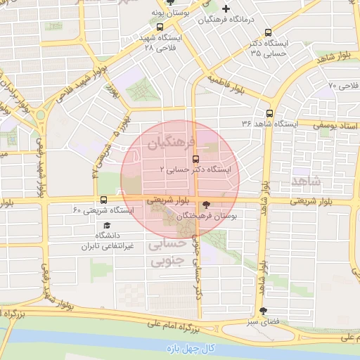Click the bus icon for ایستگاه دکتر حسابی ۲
tap(195, 158)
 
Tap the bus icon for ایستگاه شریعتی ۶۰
tap(104, 200)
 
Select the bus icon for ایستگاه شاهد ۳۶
tap(270, 112)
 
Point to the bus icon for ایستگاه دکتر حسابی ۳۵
tap(268, 32)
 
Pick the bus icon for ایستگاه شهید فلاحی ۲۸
tap(161, 27)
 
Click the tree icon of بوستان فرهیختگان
tap(205, 205)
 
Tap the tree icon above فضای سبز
tap(264, 310)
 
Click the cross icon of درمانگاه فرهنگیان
tap(225, 8)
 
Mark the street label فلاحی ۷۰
tap(342, 86)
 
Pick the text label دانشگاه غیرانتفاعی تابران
tap(96, 240)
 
